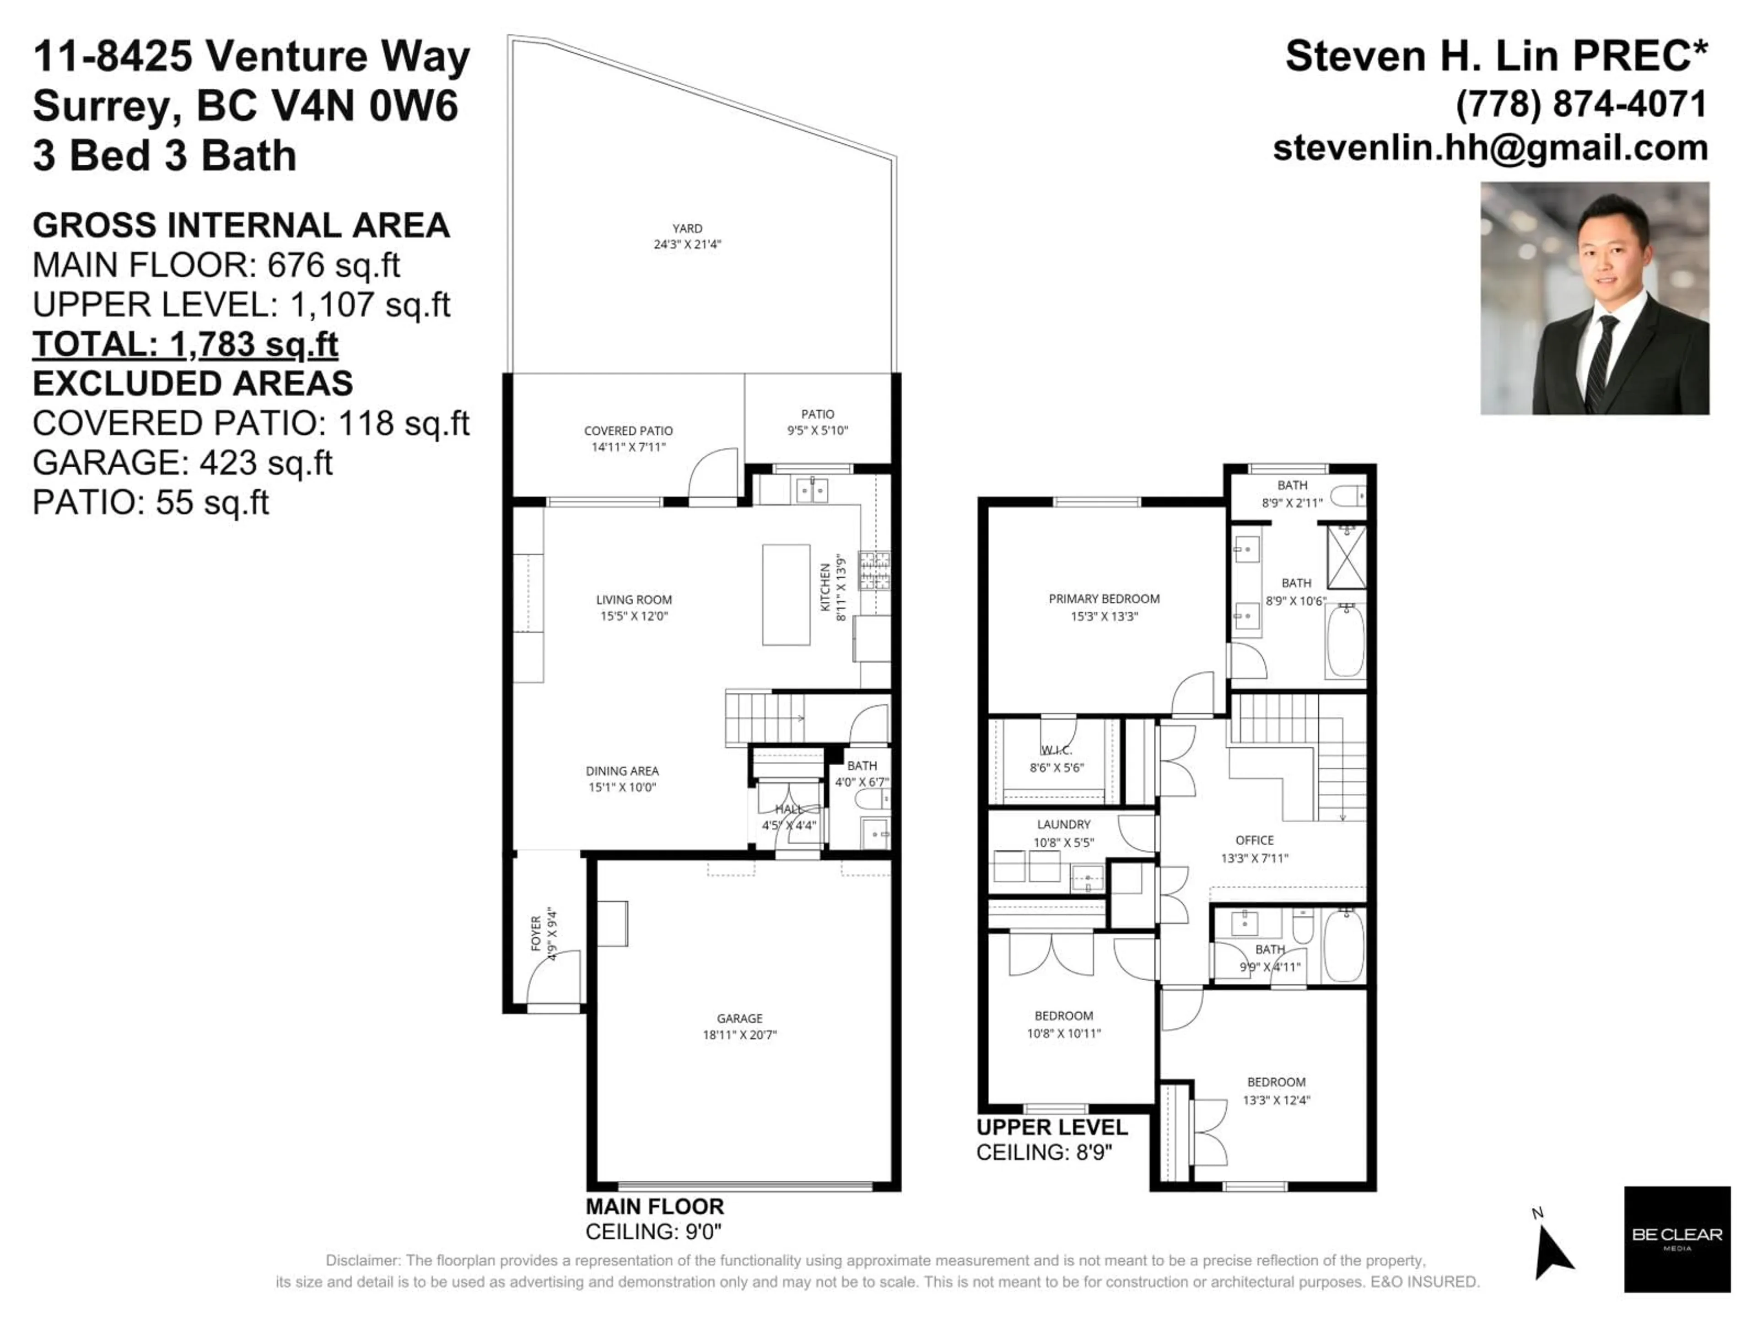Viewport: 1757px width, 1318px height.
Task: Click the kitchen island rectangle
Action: point(786,594)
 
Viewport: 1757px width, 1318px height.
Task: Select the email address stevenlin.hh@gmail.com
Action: point(1490,149)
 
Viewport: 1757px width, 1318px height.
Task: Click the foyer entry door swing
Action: point(554,977)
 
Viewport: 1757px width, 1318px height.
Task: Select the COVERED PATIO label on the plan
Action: point(628,431)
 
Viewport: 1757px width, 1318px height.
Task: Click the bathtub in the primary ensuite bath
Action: point(1345,640)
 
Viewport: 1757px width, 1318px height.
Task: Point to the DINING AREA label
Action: point(622,771)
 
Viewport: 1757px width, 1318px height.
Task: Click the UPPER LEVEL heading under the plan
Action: point(1051,1127)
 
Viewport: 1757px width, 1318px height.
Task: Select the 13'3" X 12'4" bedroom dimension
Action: point(1276,1100)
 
